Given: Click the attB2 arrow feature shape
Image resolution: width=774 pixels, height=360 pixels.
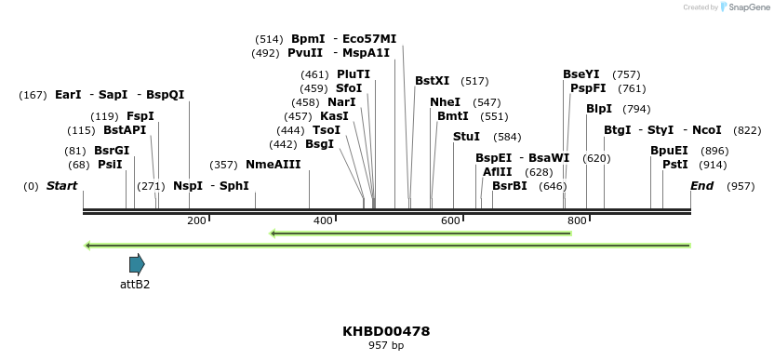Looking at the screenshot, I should point(137,264).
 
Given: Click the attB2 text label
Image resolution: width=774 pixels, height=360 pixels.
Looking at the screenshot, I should point(135,285).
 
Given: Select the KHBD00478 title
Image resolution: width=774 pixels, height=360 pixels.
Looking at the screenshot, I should point(386,331).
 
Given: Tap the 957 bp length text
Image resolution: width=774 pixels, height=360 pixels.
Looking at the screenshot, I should point(386,346).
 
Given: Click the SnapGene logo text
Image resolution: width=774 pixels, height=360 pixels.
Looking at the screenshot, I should point(749,7).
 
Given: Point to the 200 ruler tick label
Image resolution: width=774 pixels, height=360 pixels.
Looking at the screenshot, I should point(196,220).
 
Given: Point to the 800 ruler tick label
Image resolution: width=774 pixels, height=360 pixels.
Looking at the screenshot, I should point(577,220).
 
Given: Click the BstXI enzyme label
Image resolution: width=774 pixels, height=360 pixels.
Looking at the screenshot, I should point(432,81).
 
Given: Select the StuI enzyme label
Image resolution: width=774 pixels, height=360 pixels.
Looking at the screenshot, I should point(466,137).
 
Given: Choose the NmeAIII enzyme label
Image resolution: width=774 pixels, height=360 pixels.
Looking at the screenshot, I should point(274,165).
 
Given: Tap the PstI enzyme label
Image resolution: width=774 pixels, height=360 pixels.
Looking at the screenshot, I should point(675,165).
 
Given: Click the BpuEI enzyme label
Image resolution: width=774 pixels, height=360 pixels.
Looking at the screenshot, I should point(669,151).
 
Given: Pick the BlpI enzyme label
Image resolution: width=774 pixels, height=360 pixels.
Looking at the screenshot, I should point(599,109).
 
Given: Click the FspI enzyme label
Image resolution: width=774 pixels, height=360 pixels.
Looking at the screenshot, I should point(140,116).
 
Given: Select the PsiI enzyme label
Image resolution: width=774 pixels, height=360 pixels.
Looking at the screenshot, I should point(110,165).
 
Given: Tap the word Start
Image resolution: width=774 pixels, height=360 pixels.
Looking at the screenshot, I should point(61,186).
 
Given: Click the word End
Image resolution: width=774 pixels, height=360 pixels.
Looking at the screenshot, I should point(701,186).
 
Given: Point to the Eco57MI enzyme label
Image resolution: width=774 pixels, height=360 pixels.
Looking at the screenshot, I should point(369,39).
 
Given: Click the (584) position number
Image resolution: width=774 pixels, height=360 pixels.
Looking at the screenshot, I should point(508,137).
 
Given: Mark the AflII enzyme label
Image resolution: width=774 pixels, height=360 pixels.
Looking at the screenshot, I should point(497,172).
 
